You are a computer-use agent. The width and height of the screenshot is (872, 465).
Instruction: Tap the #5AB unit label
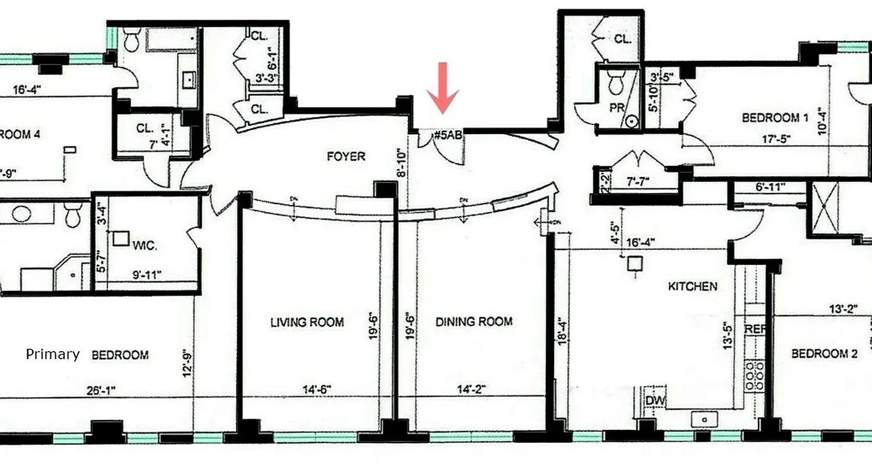click(x=448, y=136)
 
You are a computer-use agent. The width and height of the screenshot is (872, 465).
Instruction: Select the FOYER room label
click(x=346, y=156)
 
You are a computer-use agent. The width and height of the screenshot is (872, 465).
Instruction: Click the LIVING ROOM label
click(x=307, y=322)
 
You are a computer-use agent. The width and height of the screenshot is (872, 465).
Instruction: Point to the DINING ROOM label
click(x=474, y=321)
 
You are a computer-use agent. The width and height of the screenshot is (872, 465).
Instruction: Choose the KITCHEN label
click(x=692, y=286)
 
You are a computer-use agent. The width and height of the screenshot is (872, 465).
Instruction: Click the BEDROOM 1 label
click(x=775, y=118)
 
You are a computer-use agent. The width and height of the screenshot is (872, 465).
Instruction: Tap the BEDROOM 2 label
click(x=824, y=353)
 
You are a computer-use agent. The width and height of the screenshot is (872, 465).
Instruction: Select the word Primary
click(x=52, y=354)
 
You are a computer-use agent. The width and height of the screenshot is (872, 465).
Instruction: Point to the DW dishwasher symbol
click(x=655, y=401)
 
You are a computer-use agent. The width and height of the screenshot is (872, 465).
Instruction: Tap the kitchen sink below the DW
click(x=705, y=419)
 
